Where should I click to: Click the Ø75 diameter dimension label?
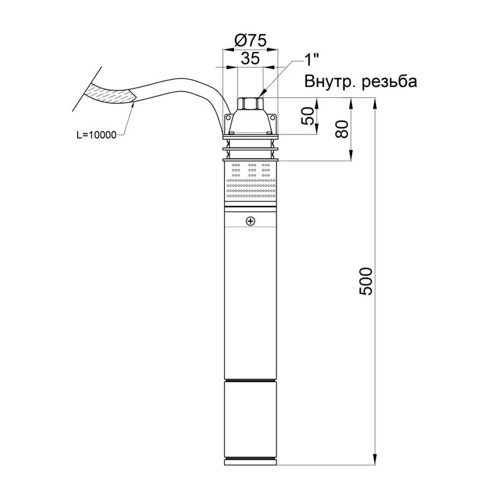[250, 41]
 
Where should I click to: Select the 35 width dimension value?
[250, 58]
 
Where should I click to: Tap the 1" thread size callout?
[311, 59]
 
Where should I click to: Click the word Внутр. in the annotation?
[330, 82]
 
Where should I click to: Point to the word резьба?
[389, 82]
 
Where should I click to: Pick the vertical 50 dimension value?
[308, 116]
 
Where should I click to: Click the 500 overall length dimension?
[366, 281]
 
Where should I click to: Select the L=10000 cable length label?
[96, 135]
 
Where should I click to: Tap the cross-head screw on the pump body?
[250, 221]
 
